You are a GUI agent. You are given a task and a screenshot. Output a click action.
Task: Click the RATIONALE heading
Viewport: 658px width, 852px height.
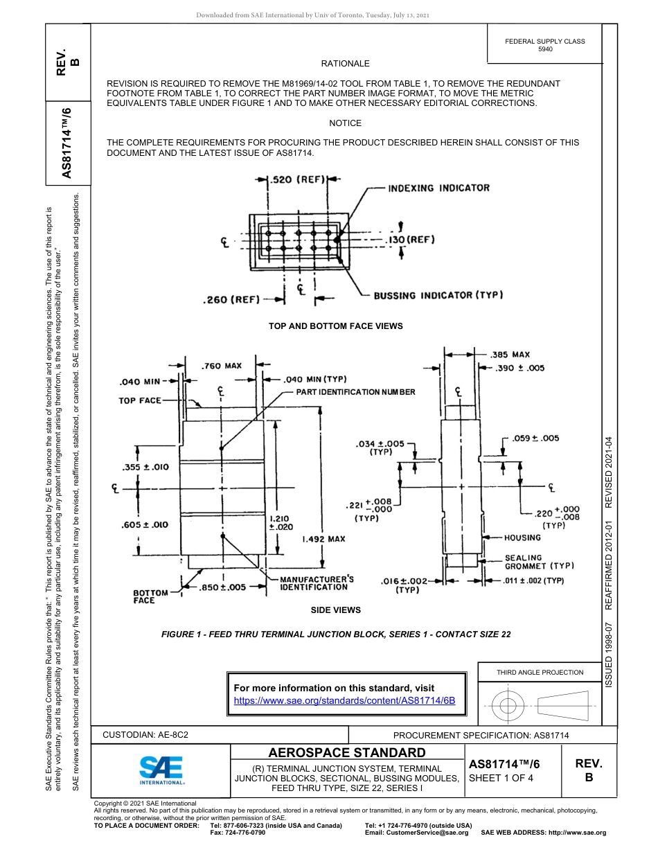tap(345, 64)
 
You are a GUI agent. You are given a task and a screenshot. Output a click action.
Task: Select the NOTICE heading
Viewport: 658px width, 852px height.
tap(345, 123)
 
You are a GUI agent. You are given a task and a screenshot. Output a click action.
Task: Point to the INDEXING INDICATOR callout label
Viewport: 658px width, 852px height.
tap(438, 188)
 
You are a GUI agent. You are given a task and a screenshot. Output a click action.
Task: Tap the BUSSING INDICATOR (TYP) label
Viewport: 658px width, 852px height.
tap(438, 295)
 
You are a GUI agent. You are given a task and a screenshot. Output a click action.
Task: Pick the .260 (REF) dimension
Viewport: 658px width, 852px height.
tap(231, 300)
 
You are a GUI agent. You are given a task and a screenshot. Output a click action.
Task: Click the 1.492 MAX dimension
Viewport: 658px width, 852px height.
tap(323, 538)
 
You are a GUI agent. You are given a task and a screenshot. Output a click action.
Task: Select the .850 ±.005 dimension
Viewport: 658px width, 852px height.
tap(222, 587)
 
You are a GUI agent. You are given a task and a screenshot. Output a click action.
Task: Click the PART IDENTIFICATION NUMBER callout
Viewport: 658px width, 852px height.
tap(355, 392)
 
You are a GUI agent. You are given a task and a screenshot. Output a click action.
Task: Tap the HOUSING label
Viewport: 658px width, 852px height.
tap(523, 538)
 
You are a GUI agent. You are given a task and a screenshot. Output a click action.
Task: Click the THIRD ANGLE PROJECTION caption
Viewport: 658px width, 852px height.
tap(540, 672)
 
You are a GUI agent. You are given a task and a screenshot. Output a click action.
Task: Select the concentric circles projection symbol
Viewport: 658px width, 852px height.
tap(508, 706)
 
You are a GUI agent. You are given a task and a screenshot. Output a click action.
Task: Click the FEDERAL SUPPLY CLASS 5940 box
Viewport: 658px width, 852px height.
tap(544, 45)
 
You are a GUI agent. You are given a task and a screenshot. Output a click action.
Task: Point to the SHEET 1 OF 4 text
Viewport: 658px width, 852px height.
tap(501, 778)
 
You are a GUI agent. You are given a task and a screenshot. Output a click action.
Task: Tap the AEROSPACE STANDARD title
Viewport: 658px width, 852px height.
tap(347, 752)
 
